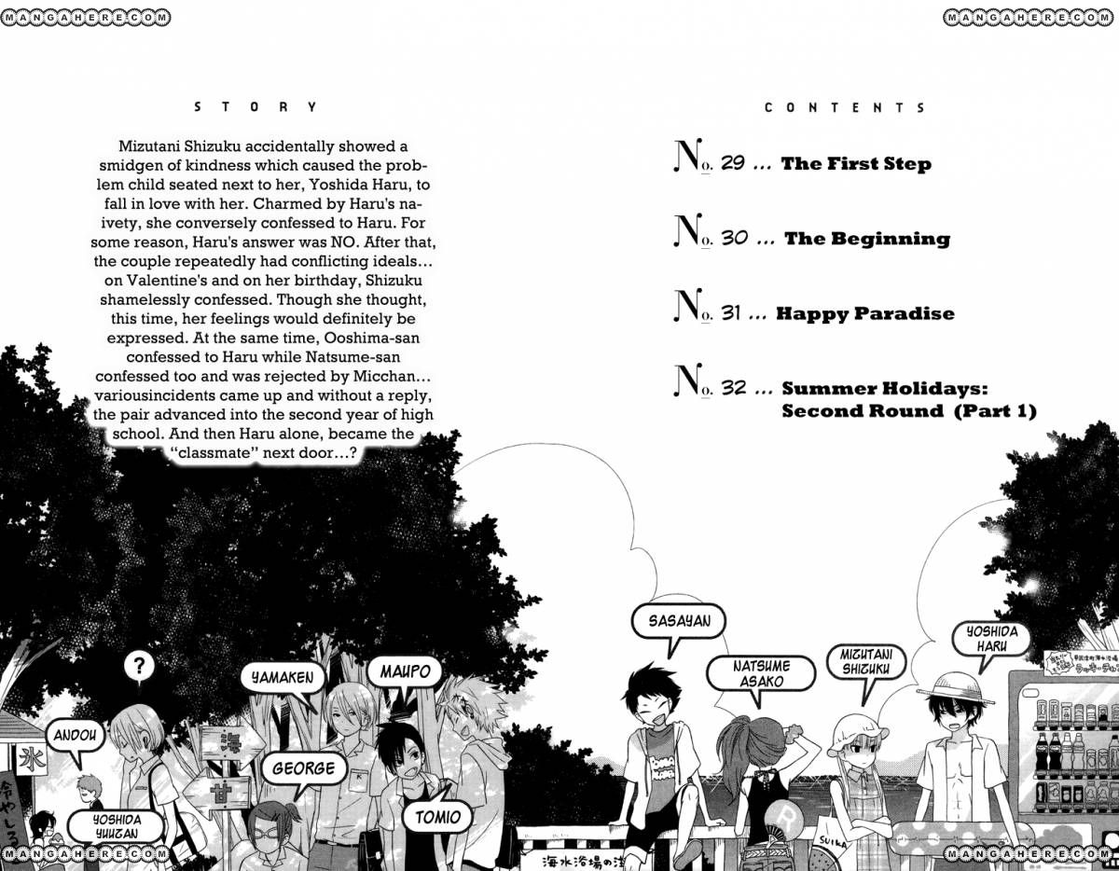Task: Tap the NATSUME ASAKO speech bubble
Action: point(748,673)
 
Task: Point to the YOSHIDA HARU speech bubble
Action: point(990,640)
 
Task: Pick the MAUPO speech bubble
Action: point(405,671)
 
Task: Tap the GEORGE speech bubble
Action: point(303,768)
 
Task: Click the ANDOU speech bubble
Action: point(74,735)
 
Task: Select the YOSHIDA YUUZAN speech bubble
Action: point(117,826)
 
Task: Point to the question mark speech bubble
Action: point(139,666)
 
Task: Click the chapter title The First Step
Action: point(856,164)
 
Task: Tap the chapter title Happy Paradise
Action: point(864,314)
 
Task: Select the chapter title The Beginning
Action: point(866,240)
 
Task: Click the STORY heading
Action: point(256,107)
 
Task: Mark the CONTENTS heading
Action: point(845,108)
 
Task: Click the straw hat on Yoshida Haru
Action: point(949,688)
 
